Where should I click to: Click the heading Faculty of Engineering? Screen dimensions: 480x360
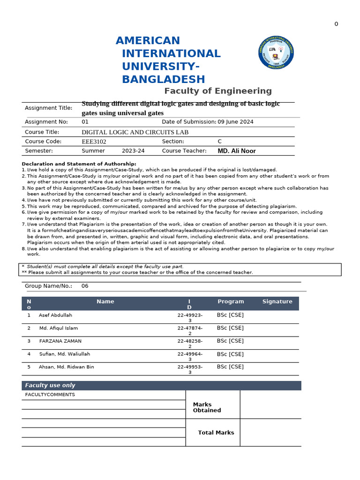click(x=217, y=91)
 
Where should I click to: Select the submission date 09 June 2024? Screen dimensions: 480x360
click(x=235, y=122)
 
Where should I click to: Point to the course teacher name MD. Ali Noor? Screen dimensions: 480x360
click(x=237, y=151)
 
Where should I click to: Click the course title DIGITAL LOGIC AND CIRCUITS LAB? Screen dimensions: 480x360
click(x=135, y=132)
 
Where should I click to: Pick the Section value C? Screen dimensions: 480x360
click(x=220, y=141)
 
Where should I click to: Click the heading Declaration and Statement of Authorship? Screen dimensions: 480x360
click(x=79, y=164)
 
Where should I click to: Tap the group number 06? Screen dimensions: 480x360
click(x=85, y=286)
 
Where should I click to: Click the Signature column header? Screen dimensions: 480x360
click(x=277, y=302)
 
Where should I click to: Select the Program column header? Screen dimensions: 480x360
click(x=231, y=302)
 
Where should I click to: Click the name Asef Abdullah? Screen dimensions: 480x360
click(x=55, y=315)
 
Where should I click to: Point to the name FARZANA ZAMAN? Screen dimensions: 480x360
click(x=60, y=341)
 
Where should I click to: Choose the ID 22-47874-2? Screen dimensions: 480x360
click(x=190, y=330)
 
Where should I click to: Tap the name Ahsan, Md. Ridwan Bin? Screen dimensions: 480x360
click(x=66, y=367)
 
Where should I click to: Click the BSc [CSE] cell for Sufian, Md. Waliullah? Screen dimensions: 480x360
click(x=230, y=354)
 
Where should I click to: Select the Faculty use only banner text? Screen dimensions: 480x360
click(x=50, y=385)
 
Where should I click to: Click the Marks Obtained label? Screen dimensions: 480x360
click(x=207, y=407)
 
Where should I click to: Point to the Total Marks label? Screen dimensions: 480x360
click(x=216, y=433)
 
